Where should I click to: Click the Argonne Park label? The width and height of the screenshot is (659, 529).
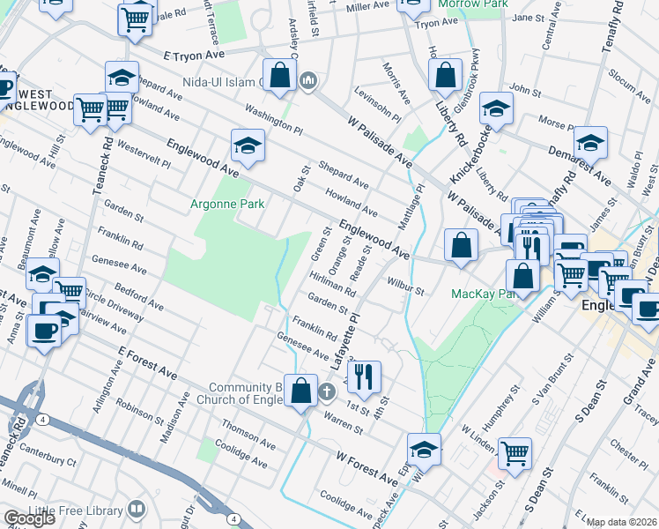point(227,204)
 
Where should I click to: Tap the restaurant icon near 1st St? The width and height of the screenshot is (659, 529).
point(363,376)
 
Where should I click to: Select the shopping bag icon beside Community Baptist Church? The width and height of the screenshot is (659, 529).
point(300,391)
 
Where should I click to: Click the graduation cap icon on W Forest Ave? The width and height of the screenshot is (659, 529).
point(424,450)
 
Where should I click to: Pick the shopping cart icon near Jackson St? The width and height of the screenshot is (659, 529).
point(515,453)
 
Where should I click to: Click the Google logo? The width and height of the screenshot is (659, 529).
point(28,518)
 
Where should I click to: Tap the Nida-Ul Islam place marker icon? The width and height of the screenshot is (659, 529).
point(308,82)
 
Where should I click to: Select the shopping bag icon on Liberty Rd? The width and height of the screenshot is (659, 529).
point(446,75)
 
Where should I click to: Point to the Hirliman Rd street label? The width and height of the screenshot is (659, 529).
point(332,283)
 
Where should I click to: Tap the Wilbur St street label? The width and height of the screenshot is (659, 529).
point(405,286)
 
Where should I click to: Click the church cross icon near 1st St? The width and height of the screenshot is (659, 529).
point(327,391)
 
